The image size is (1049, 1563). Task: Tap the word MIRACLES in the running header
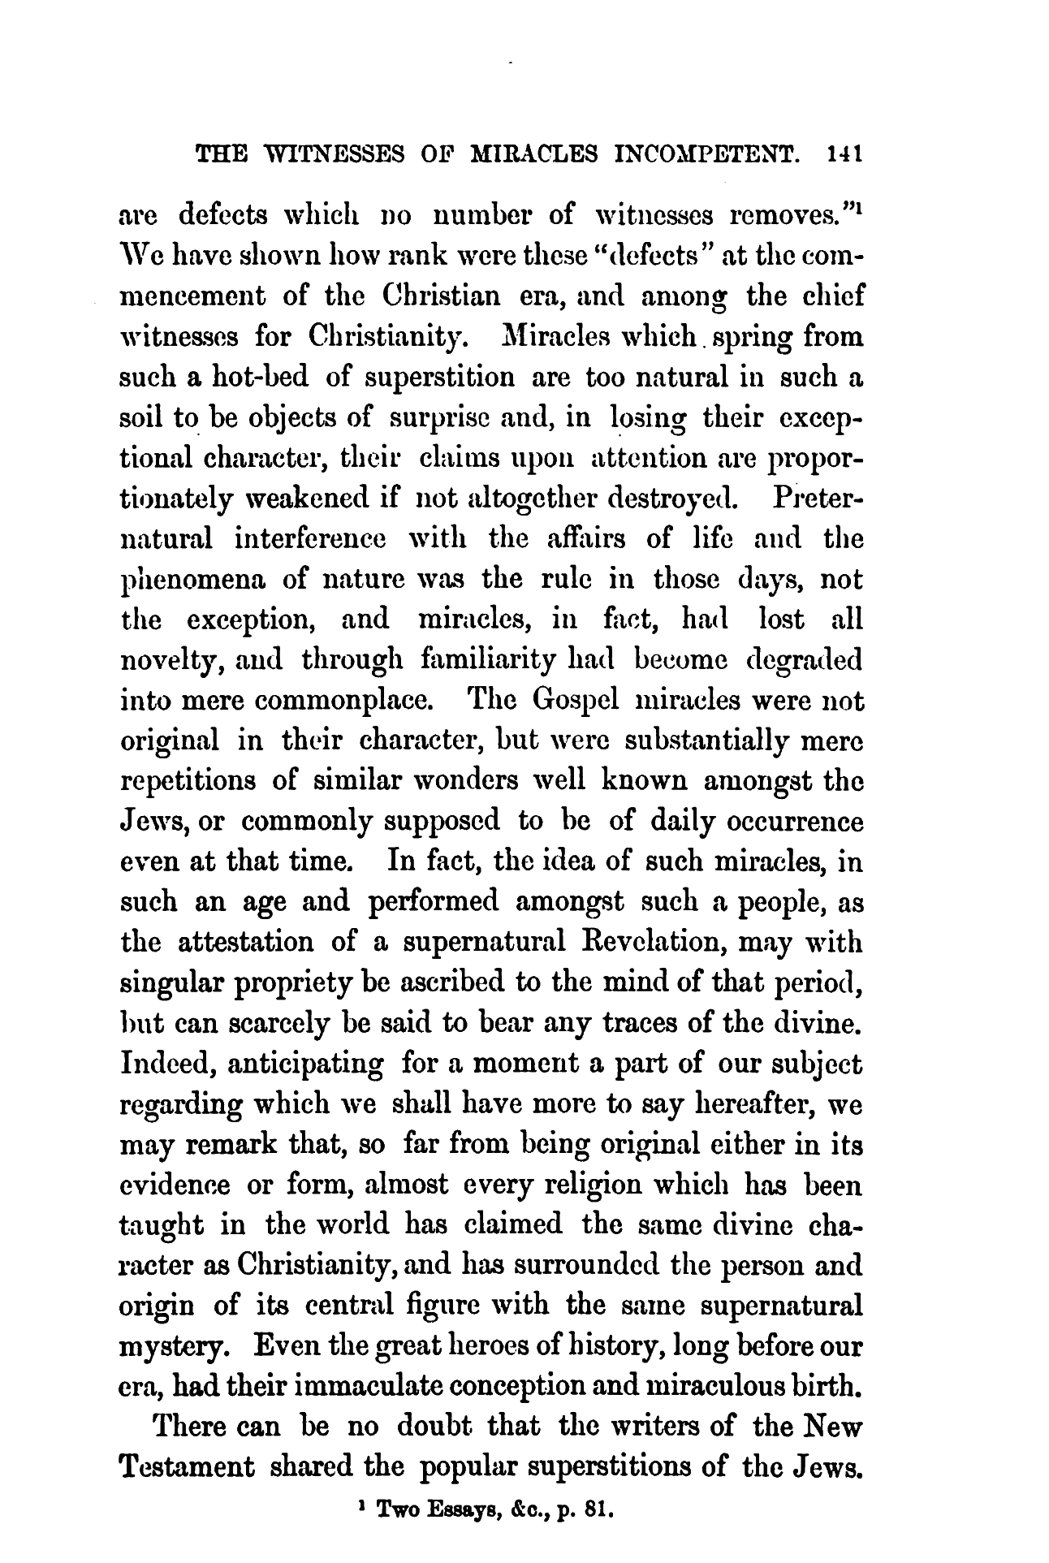539,154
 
